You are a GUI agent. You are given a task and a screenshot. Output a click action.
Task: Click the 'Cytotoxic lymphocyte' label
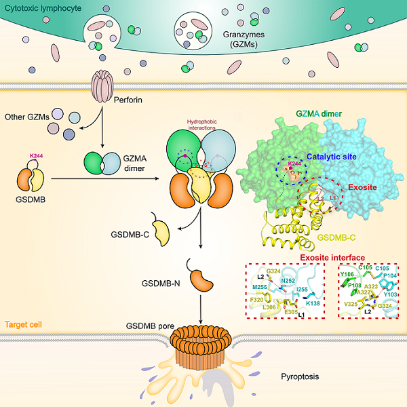pyautogui.click(x=40, y=8)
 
